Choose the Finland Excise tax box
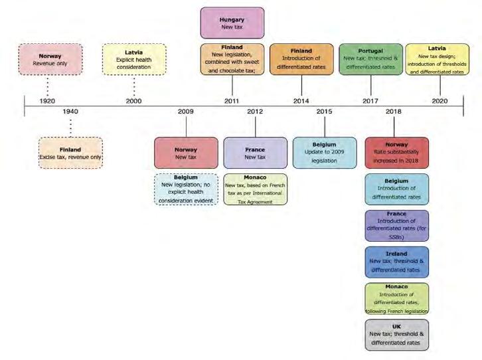tap(70, 152)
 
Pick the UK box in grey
tap(396, 334)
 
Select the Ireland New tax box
tap(396, 262)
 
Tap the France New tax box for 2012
tap(255, 153)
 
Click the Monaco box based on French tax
tap(255, 189)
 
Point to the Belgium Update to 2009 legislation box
tap(324, 152)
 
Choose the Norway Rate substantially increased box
tap(396, 153)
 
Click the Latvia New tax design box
tap(437, 59)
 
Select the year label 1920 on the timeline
tap(48, 101)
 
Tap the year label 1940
tap(70, 112)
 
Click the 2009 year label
tap(186, 112)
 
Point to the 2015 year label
tap(324, 112)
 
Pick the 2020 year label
tap(440, 101)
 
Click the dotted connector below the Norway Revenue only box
tap(48, 85)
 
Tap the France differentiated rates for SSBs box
tap(396, 225)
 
